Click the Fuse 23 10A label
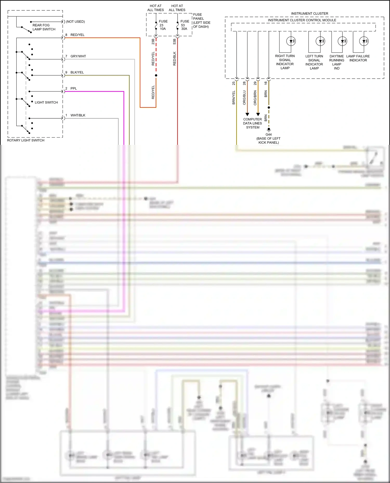[163, 25]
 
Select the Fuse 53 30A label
[185, 25]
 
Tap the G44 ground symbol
[269, 129]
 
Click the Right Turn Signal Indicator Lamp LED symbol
[291, 41]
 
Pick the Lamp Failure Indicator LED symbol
[364, 41]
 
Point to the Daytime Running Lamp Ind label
[337, 62]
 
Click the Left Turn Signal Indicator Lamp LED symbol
[320, 41]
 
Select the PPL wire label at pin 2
[74, 89]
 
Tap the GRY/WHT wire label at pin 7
[78, 56]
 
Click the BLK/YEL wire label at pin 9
[77, 72]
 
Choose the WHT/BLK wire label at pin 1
[78, 115]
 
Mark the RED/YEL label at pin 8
[77, 35]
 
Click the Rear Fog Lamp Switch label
[44, 27]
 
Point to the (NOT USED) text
[75, 22]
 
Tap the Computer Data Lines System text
[252, 123]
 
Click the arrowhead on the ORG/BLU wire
[247, 114]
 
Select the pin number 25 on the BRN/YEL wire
[233, 83]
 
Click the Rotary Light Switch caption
[25, 140]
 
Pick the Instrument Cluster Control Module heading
[302, 20]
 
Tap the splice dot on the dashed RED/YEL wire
[156, 76]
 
